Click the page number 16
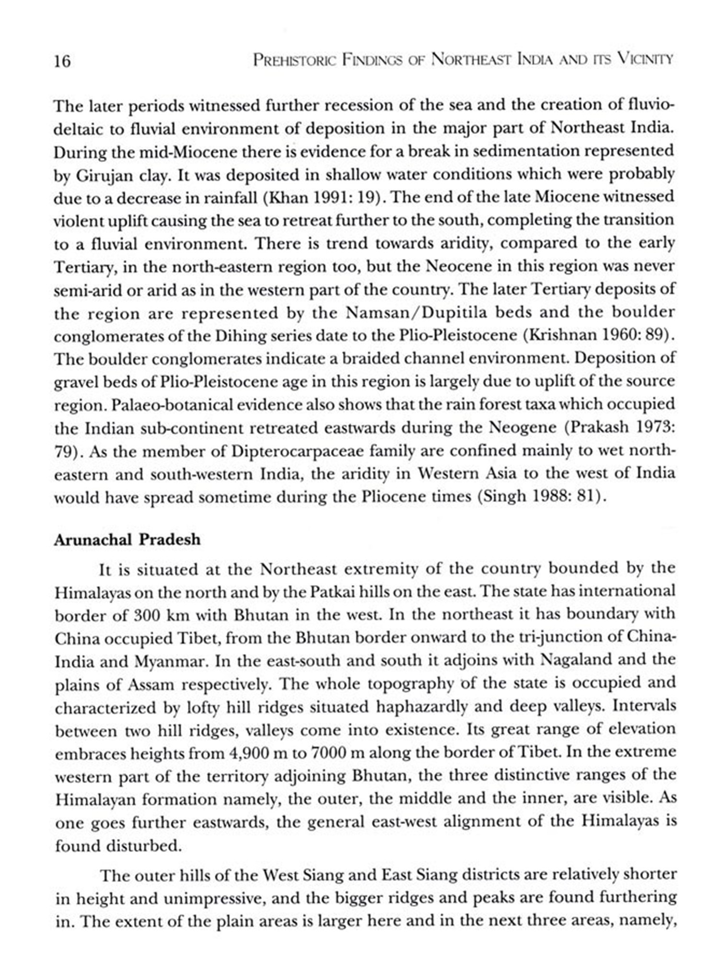click(x=62, y=62)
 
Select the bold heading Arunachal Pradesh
click(x=127, y=540)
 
